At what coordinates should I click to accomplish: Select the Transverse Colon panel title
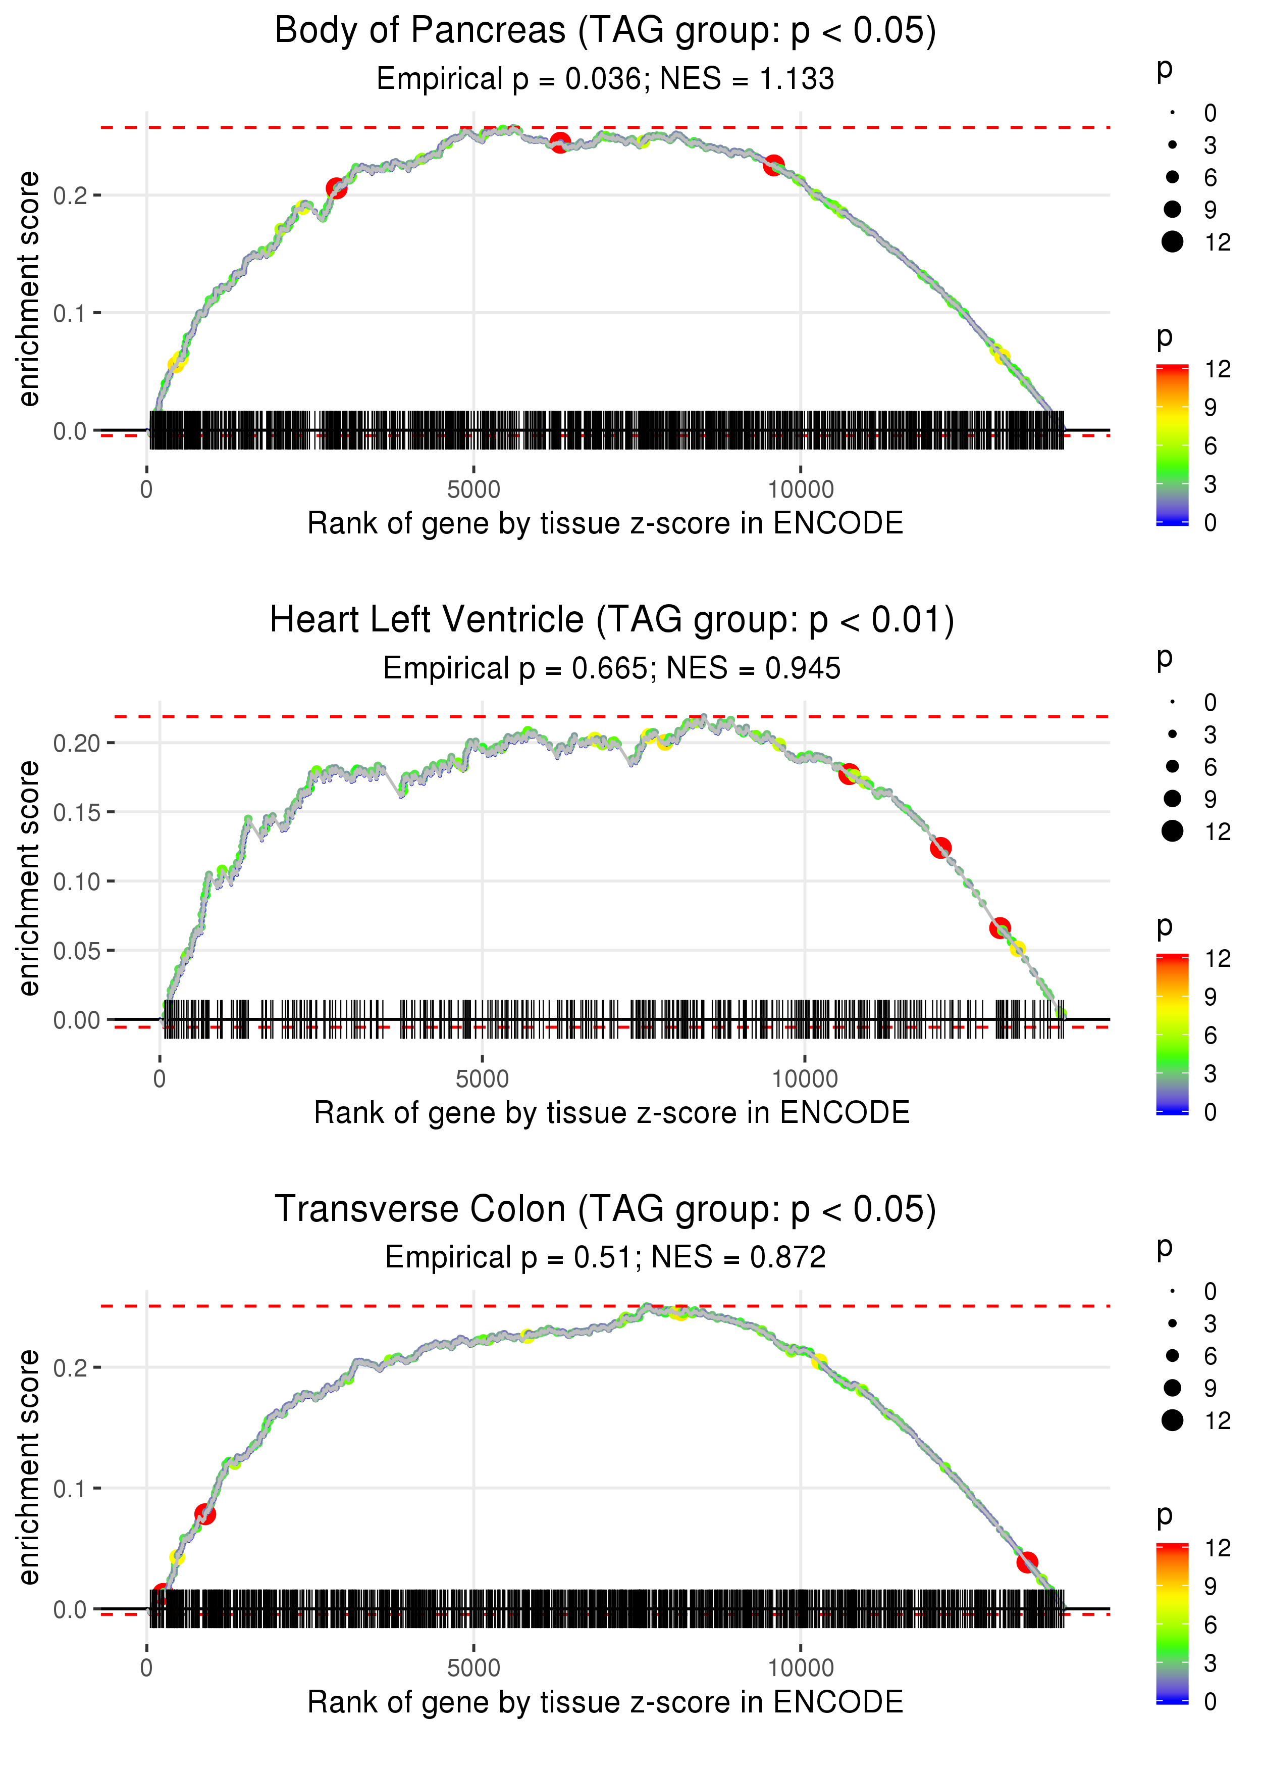(605, 1210)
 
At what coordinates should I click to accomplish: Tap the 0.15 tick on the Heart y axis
(76, 812)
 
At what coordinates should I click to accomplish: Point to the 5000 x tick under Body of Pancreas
(474, 490)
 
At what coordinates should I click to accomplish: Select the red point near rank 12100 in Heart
(940, 848)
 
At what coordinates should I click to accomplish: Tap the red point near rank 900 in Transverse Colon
(205, 1514)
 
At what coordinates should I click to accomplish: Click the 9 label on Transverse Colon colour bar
(1210, 1586)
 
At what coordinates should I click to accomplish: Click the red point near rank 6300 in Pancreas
(559, 143)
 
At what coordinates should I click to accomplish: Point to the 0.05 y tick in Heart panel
(76, 951)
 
